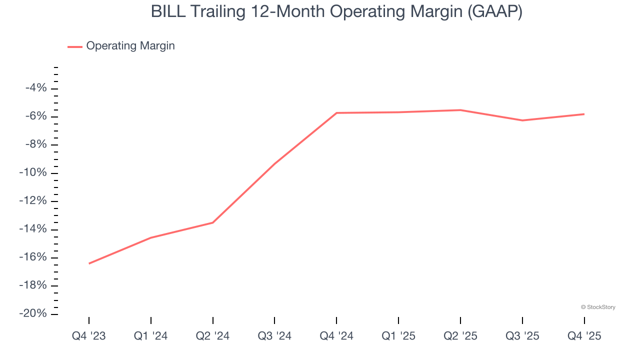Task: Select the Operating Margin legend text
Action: (130, 46)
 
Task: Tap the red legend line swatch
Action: (75, 46)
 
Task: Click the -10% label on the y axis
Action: (34, 173)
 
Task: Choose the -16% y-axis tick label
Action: (34, 257)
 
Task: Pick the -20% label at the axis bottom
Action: (34, 313)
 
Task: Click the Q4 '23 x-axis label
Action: (89, 336)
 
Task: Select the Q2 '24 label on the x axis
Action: (213, 336)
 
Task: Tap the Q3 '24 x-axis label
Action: (274, 336)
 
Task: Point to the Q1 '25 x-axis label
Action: (398, 336)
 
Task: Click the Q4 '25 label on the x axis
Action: (584, 336)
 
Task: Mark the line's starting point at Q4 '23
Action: (89, 263)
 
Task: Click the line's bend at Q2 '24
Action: (213, 222)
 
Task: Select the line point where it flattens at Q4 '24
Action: (336, 113)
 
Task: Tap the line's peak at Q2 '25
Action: (460, 110)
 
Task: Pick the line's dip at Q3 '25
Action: (522, 120)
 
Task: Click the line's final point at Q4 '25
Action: (584, 114)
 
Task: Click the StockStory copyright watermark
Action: (598, 307)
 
